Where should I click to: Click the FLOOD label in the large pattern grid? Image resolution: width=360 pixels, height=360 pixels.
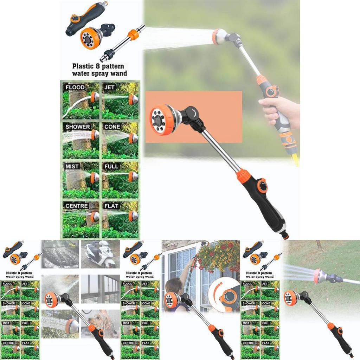(x=75, y=87)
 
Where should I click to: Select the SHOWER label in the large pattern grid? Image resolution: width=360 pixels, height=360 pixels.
(x=77, y=127)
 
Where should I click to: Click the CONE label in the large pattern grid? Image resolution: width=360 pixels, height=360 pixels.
(x=112, y=127)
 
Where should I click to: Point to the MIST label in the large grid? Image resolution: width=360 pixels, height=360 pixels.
(x=72, y=166)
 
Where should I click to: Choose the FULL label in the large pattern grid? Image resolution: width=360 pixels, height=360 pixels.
(x=111, y=166)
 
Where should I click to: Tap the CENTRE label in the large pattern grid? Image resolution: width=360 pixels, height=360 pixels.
(x=77, y=205)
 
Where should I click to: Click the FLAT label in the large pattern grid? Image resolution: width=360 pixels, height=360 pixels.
(x=111, y=205)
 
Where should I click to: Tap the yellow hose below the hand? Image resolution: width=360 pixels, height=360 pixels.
(x=295, y=158)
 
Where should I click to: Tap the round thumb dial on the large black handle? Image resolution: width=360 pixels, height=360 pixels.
(x=262, y=186)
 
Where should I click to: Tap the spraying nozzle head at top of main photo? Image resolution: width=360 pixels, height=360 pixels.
(x=220, y=37)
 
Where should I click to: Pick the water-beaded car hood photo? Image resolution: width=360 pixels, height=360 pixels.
(x=60, y=254)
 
